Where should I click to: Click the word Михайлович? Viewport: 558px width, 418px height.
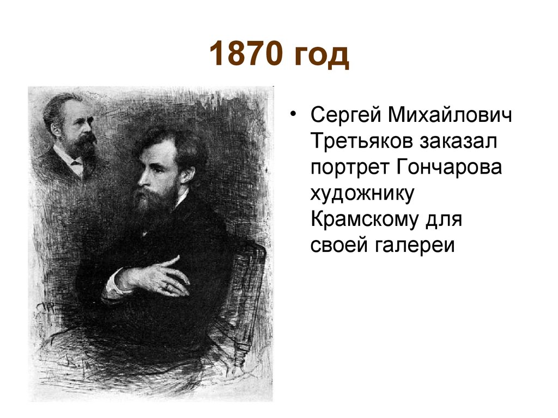coord(452,116)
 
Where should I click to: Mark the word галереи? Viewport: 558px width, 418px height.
coord(414,244)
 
